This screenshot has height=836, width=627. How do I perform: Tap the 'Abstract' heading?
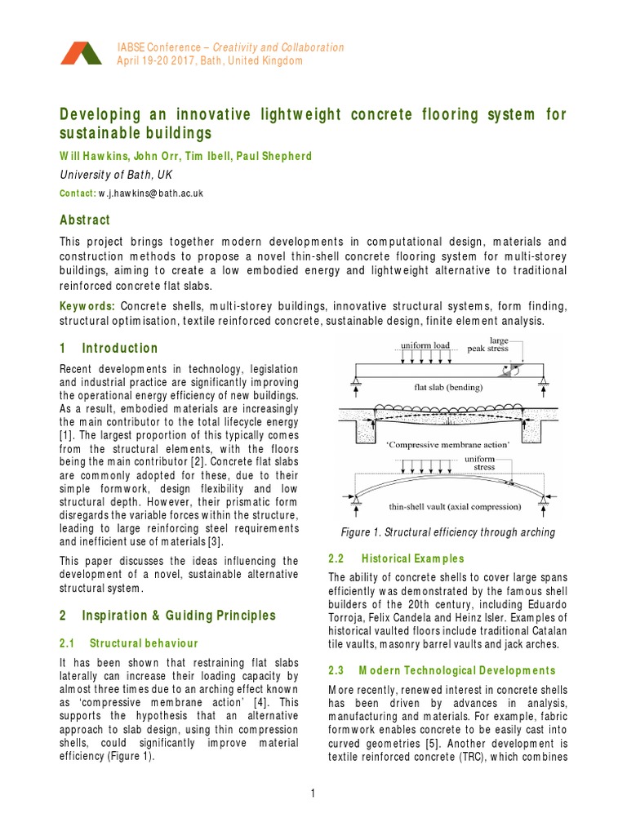[x=85, y=220]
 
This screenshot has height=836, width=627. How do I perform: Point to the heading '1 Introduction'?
[x=109, y=349]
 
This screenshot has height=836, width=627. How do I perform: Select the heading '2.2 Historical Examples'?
[x=396, y=558]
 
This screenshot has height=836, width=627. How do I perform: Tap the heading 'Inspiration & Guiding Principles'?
[x=179, y=615]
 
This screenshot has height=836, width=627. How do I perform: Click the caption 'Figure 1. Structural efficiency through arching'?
[x=447, y=532]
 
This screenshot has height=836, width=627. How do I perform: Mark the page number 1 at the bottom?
[x=313, y=792]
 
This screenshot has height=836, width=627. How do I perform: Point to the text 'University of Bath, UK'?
[x=118, y=174]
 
